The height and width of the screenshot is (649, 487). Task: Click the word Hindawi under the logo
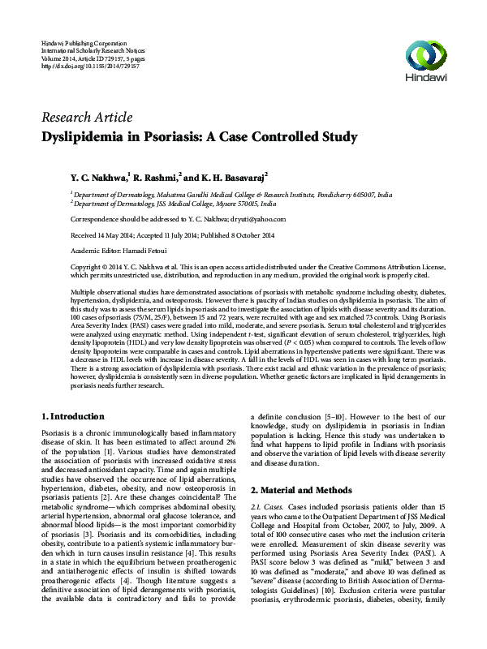coord(428,80)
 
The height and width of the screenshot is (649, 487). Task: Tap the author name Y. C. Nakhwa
coord(97,176)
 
